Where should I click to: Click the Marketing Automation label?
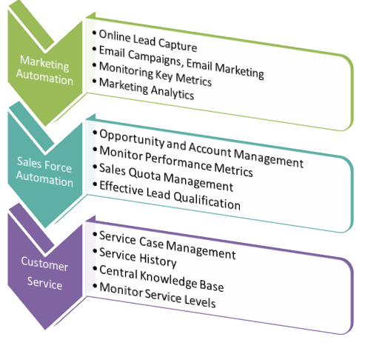(x=44, y=70)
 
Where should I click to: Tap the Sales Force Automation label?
(x=44, y=172)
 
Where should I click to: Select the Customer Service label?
(x=44, y=273)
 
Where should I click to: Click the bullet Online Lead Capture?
(x=148, y=41)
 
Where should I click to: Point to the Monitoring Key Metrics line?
(x=155, y=74)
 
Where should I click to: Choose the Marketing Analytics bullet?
(x=147, y=89)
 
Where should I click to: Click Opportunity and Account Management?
(x=201, y=148)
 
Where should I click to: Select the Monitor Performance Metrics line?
(x=176, y=161)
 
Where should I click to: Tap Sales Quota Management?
(x=166, y=177)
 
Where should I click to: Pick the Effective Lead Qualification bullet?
(x=170, y=195)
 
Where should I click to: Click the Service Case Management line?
(x=167, y=245)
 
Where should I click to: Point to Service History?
(x=138, y=258)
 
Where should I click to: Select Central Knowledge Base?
(x=161, y=278)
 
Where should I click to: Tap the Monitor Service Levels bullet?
(x=158, y=295)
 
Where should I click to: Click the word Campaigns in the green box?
(x=156, y=59)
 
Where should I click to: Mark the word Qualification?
(x=207, y=201)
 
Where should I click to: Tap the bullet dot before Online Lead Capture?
(x=94, y=33)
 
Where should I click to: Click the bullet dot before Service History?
(x=95, y=251)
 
